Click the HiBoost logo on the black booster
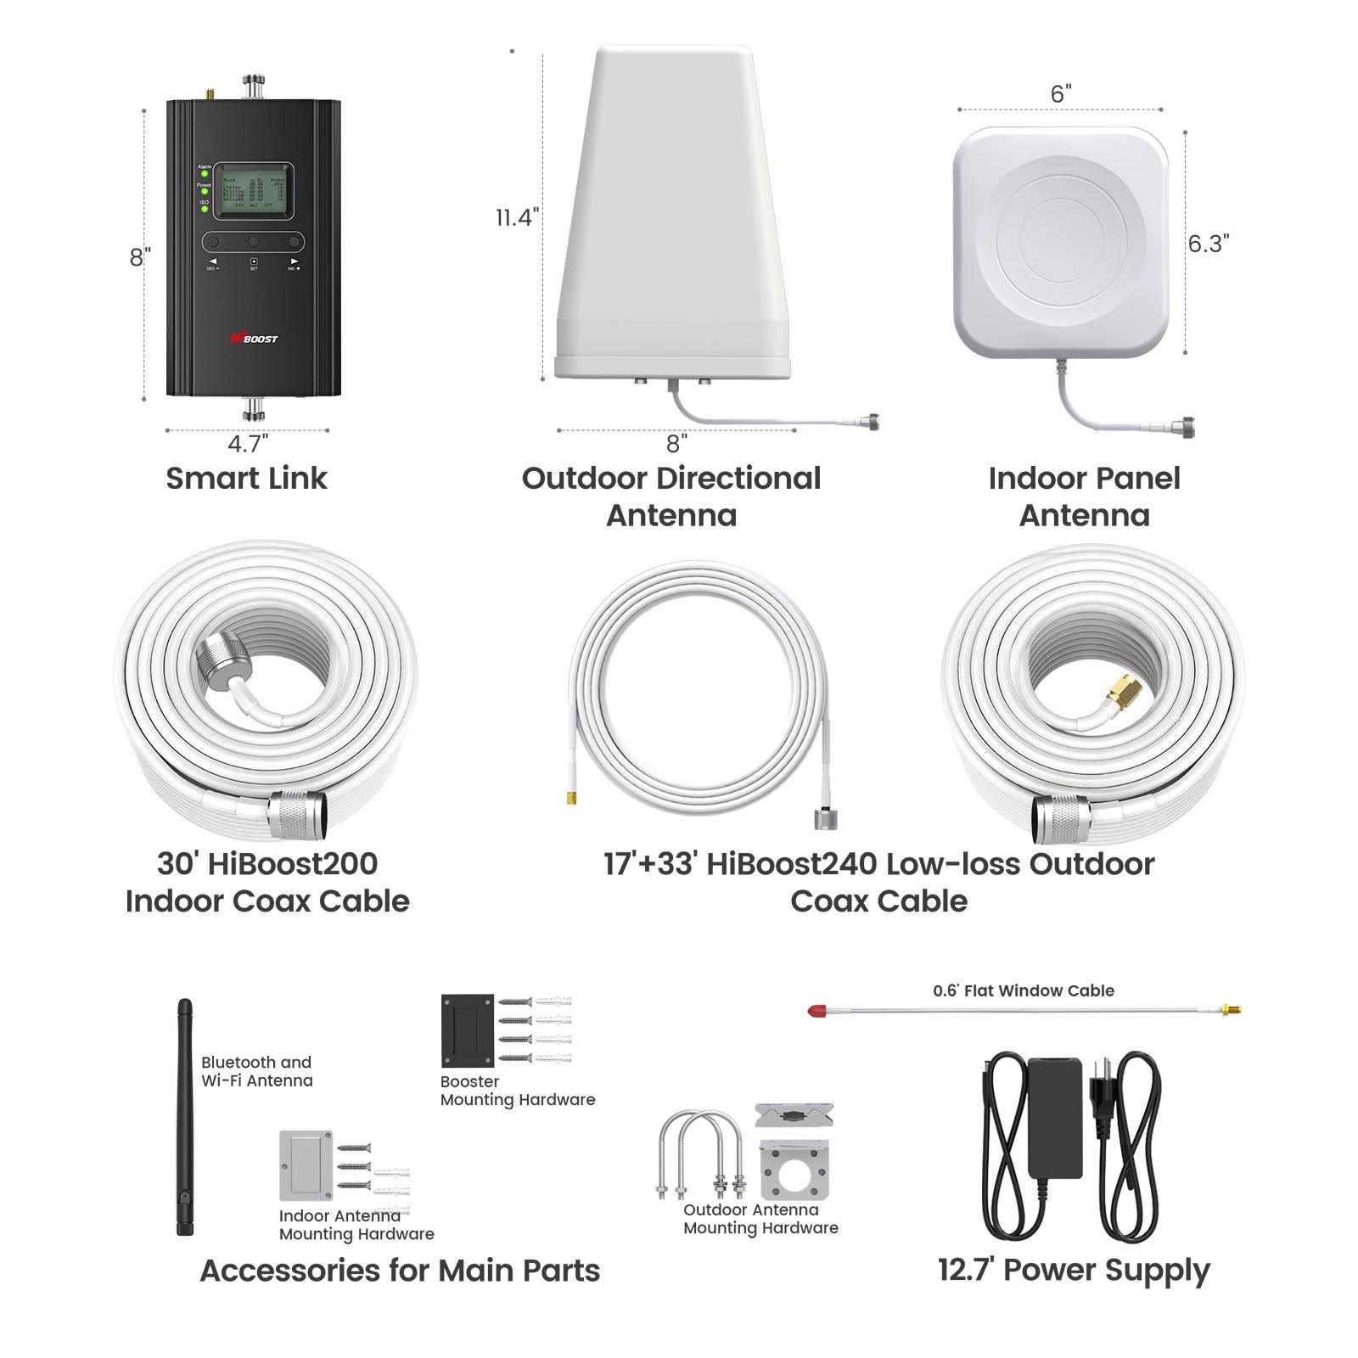click(x=253, y=338)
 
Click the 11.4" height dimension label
click(x=517, y=217)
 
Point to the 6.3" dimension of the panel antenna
click(x=1208, y=244)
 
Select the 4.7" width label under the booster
click(x=247, y=443)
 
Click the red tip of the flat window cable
click(x=816, y=1011)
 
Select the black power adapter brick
click(x=1054, y=1116)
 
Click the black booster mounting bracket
click(x=467, y=1030)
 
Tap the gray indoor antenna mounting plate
click(x=306, y=1164)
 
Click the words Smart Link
click(x=246, y=478)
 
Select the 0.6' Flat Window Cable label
click(x=1023, y=990)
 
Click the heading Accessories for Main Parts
click(x=399, y=1271)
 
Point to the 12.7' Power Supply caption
click(x=1073, y=1271)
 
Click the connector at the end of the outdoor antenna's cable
click(x=868, y=420)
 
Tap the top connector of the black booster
click(x=252, y=86)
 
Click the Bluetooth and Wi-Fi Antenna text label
click(x=256, y=1071)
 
